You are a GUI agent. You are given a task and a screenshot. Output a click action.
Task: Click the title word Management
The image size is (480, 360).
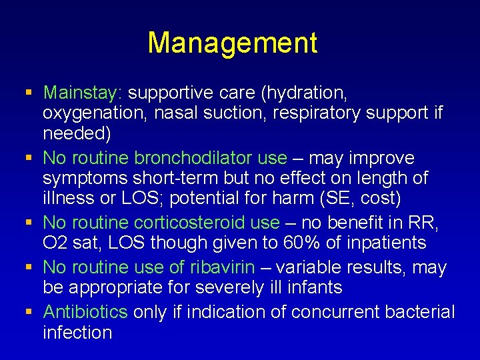coord(232,43)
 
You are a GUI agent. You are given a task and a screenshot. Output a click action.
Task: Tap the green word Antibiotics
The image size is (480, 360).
coord(85,311)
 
